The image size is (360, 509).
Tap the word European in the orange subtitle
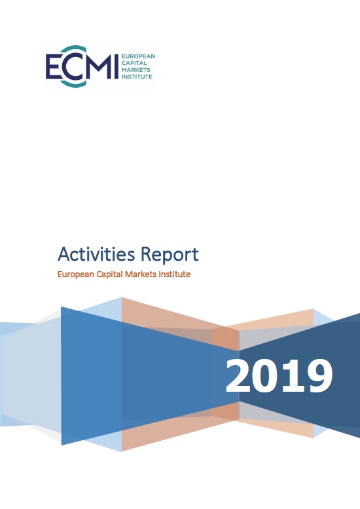click(x=75, y=274)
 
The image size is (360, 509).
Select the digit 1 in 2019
click(x=293, y=375)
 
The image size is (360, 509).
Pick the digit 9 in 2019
click(x=319, y=376)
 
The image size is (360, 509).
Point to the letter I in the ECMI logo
click(x=117, y=66)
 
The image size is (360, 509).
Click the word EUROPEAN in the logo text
click(x=138, y=56)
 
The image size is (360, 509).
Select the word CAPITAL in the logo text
click(x=134, y=63)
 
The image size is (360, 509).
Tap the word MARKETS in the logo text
click(x=136, y=70)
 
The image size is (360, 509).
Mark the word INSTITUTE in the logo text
click(x=137, y=77)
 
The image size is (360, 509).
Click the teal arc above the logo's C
click(x=72, y=48)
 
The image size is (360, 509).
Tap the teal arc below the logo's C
click(x=72, y=84)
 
